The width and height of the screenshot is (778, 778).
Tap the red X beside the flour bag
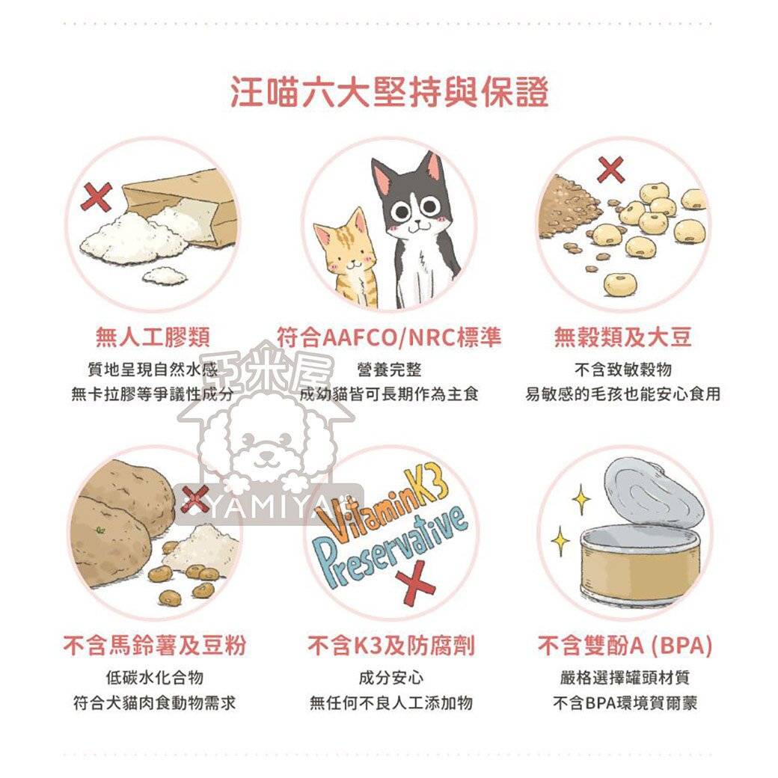[97, 197]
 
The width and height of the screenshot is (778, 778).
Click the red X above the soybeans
[612, 169]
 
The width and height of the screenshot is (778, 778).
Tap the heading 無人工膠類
[152, 338]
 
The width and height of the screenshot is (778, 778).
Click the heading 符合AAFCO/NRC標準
[388, 337]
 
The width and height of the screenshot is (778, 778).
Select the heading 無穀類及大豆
[622, 338]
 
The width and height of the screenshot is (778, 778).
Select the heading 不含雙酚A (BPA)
[625, 646]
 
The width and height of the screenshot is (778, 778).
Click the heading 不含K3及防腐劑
[390, 646]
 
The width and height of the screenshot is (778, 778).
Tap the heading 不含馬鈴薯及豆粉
[154, 646]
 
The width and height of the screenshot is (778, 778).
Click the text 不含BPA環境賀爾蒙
[625, 703]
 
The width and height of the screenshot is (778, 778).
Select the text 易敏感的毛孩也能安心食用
[622, 394]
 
